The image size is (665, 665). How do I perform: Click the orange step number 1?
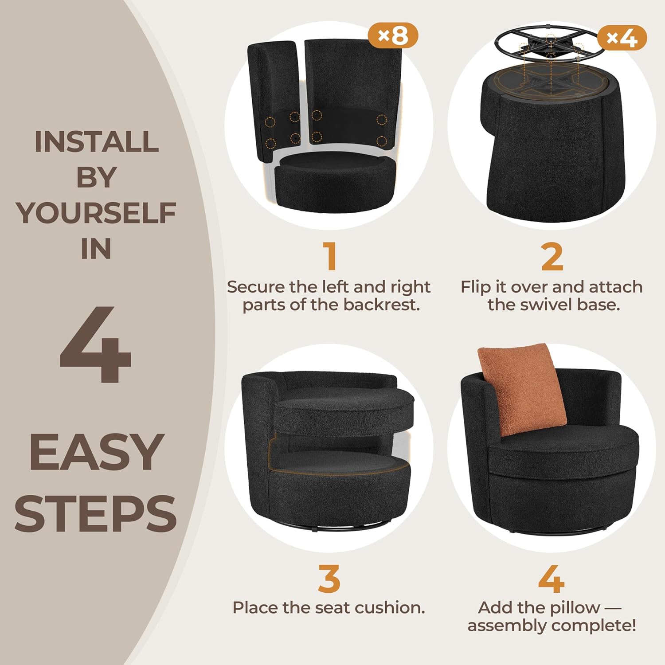331,257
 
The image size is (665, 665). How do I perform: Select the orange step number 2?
552,257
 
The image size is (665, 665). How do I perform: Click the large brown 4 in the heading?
96,344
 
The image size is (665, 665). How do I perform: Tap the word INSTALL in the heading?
96,142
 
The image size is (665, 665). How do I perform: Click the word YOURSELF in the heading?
96,213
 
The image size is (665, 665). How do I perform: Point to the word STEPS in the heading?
96,513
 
